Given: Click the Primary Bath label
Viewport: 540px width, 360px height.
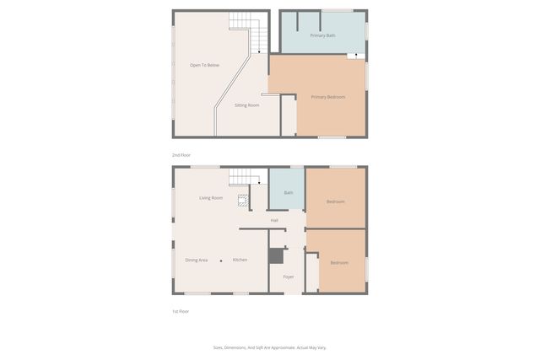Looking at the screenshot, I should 322,35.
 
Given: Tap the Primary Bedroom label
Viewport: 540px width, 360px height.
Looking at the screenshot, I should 327,97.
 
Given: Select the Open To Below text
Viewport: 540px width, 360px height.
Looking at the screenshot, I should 204,65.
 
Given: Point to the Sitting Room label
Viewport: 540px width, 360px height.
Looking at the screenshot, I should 246,105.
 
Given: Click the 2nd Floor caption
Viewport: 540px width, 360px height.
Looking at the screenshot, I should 181,155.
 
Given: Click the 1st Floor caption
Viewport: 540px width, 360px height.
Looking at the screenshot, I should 181,311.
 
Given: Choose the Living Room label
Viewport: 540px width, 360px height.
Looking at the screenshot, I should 211,198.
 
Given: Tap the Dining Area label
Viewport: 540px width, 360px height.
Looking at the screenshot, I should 197,260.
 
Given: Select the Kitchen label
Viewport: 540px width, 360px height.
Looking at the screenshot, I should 240,260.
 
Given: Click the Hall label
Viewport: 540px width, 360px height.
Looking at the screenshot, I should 274,220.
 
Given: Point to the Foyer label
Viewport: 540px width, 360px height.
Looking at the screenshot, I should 288,277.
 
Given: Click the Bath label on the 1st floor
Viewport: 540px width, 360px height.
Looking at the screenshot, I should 289,193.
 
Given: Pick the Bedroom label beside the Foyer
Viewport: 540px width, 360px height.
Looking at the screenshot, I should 339,263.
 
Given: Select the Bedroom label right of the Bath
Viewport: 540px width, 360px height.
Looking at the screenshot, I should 336,201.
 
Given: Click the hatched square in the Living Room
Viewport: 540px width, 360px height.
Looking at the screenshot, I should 242,201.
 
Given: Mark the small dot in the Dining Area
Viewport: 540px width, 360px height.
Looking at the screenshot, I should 221,261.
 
